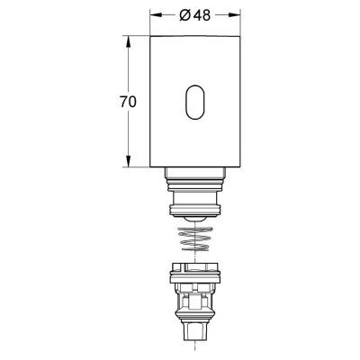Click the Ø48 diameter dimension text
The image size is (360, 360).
tap(196, 15)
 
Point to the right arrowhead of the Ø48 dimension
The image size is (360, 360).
tap(238, 16)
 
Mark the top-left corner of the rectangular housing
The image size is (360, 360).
tap(150, 37)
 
